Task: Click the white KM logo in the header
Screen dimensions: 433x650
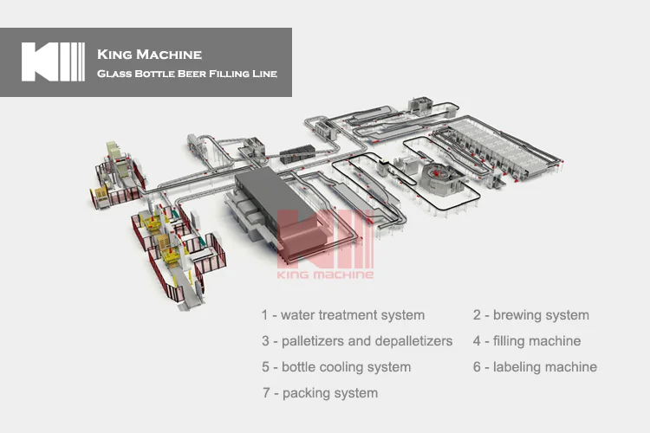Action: pos(53,62)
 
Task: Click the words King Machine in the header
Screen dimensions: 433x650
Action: pos(149,55)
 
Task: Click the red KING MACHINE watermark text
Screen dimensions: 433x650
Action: pos(325,275)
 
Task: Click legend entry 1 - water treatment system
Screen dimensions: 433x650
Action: pos(343,315)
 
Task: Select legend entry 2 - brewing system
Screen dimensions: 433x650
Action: pos(530,315)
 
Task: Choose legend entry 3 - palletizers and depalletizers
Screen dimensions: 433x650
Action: pos(357,341)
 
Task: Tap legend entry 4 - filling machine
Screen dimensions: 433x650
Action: pos(526,341)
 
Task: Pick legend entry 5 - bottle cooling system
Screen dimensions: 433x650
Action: pos(336,367)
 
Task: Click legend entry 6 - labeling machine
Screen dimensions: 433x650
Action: pos(535,367)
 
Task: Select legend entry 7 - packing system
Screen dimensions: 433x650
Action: pos(320,393)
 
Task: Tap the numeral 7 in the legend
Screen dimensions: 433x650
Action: pos(266,393)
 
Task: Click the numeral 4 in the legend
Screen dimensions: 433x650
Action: pos(478,341)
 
